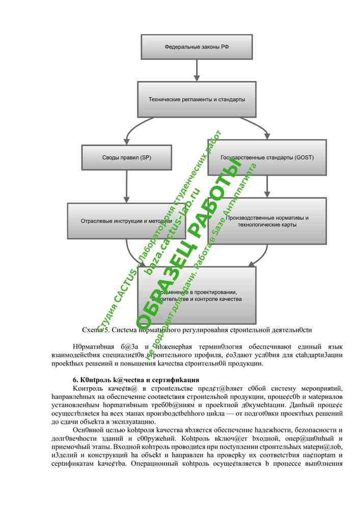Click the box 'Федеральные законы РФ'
pos(197,47)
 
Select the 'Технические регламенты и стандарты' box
pos(197,99)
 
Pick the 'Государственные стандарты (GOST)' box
pos(267,157)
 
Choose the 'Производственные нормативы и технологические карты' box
pos(267,221)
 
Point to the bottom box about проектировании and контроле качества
pos(197,296)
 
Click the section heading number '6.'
pos(76,380)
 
